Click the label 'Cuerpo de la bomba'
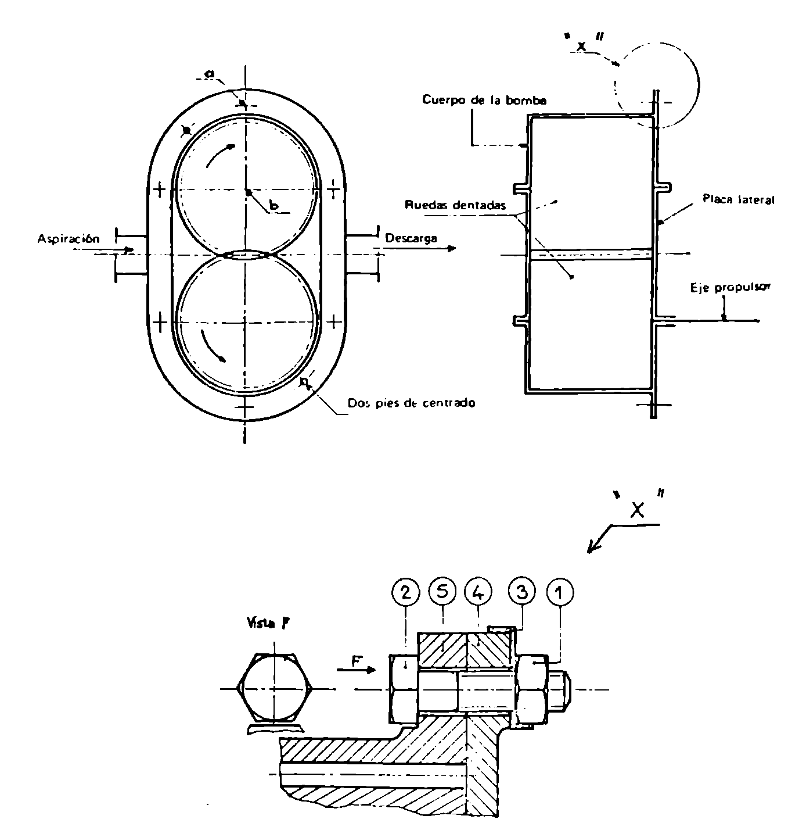tap(484, 100)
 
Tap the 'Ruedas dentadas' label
tap(455, 205)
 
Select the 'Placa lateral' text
tap(739, 199)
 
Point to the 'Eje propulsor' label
tap(730, 288)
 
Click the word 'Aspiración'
tap(68, 238)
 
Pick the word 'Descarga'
tap(411, 238)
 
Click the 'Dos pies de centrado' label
tap(411, 403)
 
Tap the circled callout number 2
tap(405, 592)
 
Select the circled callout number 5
tap(442, 592)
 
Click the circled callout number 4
tap(478, 592)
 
